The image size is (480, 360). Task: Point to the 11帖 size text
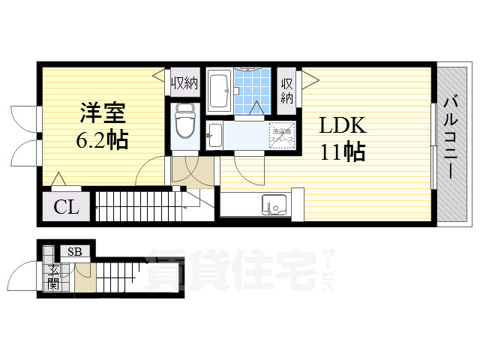coord(343,152)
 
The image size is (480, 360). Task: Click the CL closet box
coord(66,208)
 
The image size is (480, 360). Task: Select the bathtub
coord(219,91)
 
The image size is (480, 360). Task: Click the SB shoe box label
coord(74,252)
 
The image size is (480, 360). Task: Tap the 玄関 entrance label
coord(52,277)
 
